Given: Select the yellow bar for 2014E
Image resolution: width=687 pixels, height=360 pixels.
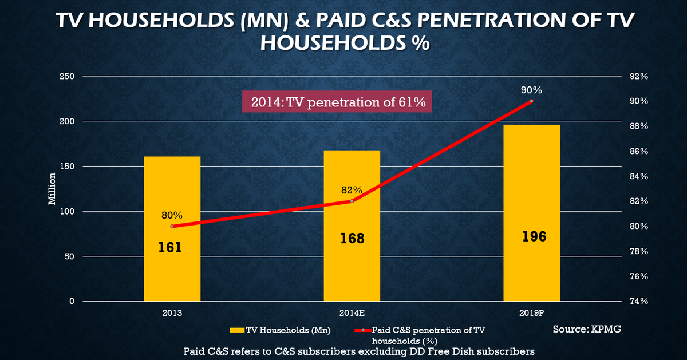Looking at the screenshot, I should [352, 269].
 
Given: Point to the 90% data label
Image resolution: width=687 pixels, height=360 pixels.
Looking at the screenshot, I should [531, 90].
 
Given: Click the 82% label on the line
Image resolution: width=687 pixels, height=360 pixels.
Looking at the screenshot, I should [351, 190].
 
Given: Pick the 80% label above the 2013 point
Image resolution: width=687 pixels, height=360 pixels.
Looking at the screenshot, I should [172, 215].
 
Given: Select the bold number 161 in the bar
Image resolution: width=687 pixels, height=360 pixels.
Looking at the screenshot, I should [171, 247].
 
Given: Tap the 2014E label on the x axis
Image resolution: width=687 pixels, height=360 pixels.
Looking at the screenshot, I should [352, 313].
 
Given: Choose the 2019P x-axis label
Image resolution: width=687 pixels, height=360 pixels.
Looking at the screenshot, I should [531, 313].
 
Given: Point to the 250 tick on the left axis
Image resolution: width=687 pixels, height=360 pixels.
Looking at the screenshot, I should [67, 76].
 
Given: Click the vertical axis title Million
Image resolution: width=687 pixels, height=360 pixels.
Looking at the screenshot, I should [52, 189].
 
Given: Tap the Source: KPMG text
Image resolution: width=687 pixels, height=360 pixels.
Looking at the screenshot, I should [587, 330].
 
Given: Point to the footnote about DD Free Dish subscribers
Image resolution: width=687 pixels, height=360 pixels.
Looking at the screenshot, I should [359, 350].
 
